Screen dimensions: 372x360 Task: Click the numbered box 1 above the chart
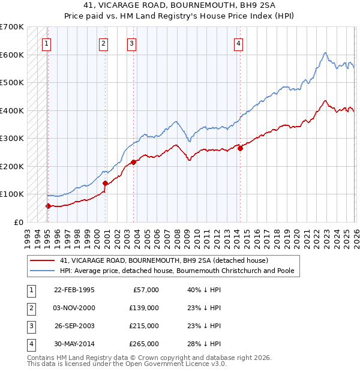47,43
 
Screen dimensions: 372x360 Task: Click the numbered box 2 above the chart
104,43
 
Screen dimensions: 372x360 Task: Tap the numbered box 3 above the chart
131,43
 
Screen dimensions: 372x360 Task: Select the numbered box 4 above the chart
238,43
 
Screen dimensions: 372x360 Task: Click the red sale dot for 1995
48,206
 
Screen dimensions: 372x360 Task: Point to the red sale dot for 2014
240,148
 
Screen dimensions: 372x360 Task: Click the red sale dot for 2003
133,162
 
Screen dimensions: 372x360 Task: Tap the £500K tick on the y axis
12,83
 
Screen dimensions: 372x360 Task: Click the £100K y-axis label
12,194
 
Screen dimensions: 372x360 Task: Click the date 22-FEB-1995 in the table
74,290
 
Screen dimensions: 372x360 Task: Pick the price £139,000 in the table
144,308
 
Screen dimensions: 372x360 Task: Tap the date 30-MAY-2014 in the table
74,344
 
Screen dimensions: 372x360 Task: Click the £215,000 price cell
144,326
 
